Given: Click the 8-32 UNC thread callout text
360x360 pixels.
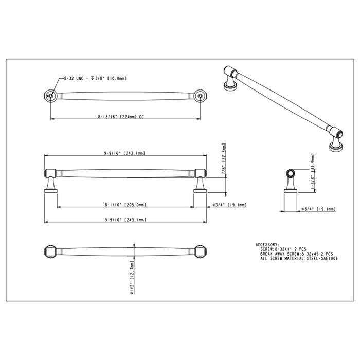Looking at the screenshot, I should [95, 78].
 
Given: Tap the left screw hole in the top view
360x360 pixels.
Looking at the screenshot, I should [50, 95].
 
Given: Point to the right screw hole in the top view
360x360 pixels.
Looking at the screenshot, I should [201, 95].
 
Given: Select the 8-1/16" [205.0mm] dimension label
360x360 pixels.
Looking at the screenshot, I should [125, 205].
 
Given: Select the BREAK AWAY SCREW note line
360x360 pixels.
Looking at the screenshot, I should [297, 254].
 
